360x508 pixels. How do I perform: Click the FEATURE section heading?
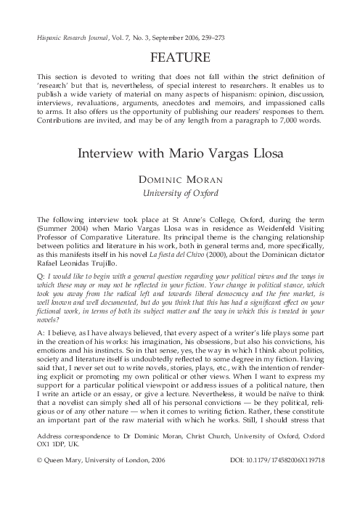180,57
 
